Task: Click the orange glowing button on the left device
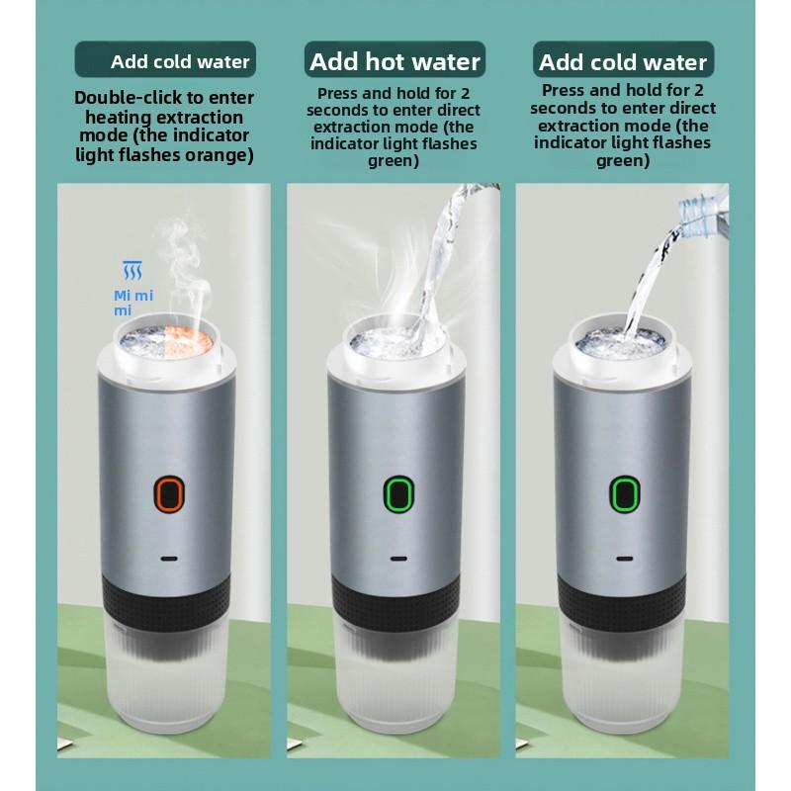(x=168, y=493)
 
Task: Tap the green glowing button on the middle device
(x=398, y=493)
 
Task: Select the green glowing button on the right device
(x=625, y=493)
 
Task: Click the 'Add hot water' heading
(x=395, y=61)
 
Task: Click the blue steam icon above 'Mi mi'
(x=132, y=270)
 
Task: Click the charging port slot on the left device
(x=168, y=559)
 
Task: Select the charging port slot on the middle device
(x=398, y=559)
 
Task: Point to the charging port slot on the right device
(x=625, y=559)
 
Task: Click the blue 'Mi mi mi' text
(x=133, y=303)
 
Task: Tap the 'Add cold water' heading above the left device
(x=180, y=62)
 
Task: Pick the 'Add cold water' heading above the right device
(x=623, y=62)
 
